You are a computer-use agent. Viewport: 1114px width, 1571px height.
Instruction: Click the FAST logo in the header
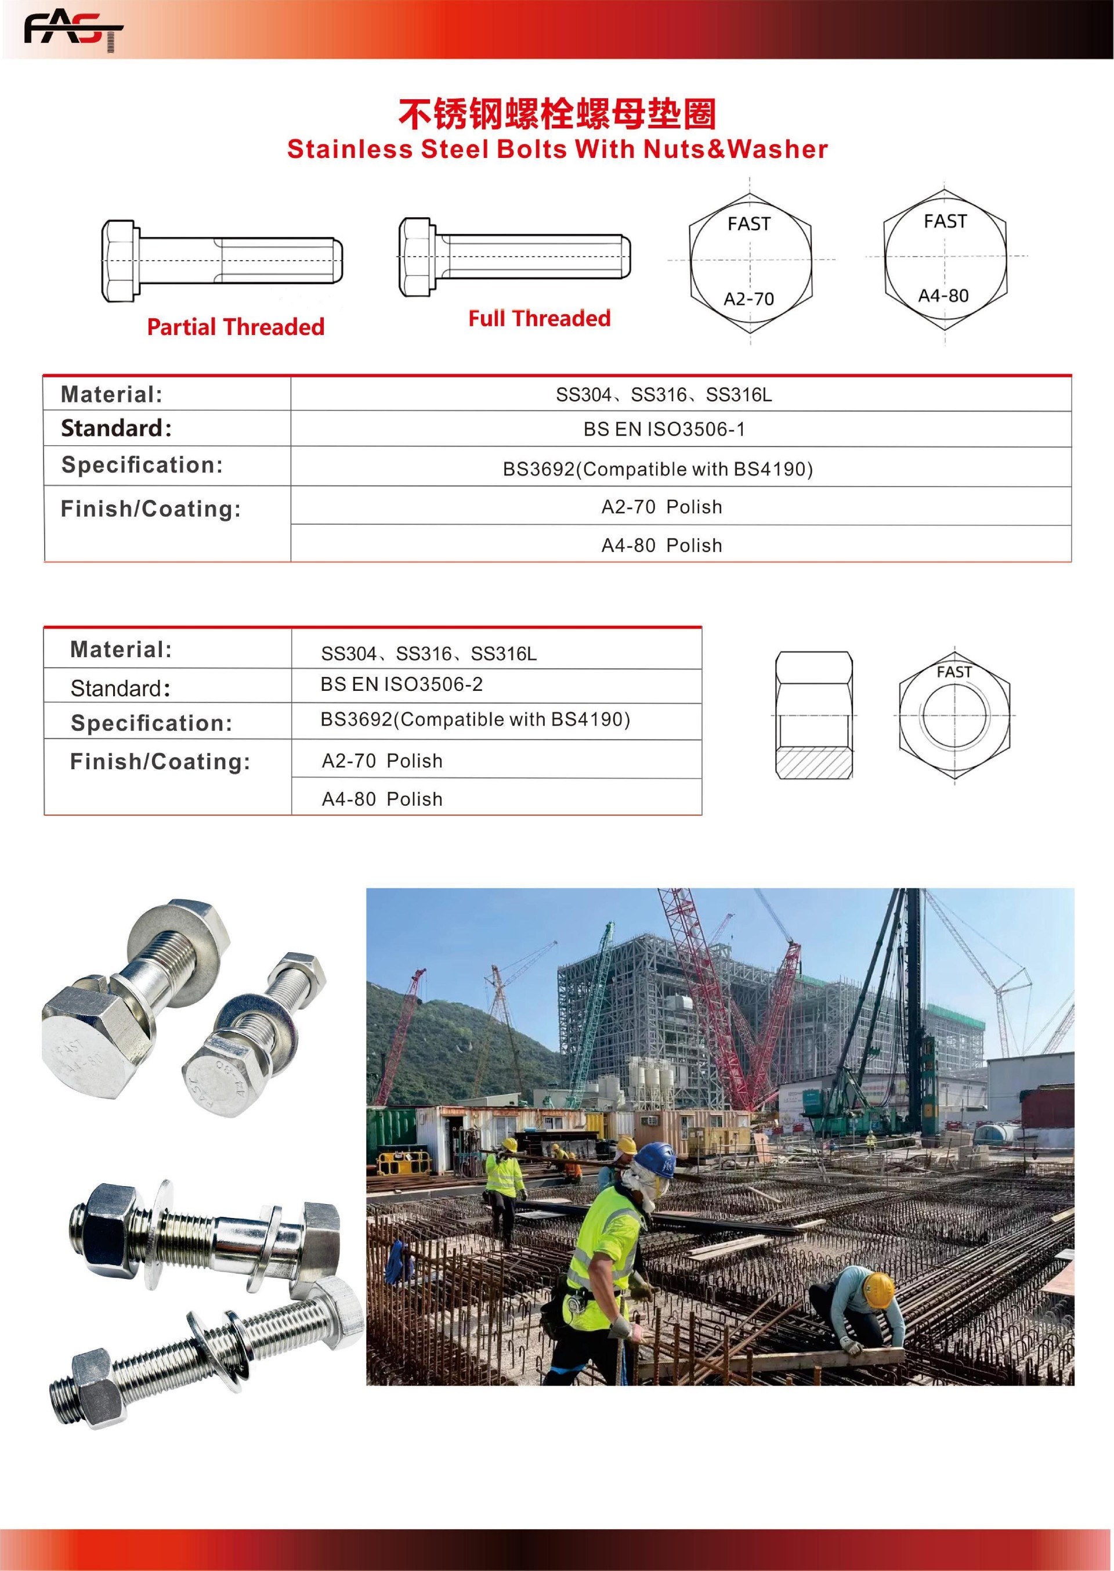coord(73,31)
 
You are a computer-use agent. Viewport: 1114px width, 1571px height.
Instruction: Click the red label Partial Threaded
coord(236,327)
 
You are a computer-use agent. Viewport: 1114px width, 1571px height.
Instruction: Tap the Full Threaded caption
coord(539,319)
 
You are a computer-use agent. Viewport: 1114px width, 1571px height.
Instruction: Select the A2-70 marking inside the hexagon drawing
coord(748,299)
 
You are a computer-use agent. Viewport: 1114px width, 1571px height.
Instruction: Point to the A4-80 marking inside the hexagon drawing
coord(943,296)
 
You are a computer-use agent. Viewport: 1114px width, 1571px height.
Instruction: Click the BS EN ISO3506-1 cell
coord(663,430)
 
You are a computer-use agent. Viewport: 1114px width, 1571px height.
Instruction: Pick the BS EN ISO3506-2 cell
coord(402,684)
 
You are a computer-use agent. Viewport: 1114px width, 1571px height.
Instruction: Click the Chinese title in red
coord(557,114)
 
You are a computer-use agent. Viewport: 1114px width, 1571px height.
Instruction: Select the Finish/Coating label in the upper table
coord(151,509)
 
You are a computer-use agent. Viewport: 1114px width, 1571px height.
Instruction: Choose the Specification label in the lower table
coord(151,723)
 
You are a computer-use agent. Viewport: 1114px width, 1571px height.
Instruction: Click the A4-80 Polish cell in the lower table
coord(382,799)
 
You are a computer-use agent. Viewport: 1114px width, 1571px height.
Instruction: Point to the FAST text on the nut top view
coord(954,672)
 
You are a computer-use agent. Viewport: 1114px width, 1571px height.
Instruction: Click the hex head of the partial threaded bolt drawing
coord(120,261)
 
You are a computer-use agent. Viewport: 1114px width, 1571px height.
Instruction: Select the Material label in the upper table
coord(111,395)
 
